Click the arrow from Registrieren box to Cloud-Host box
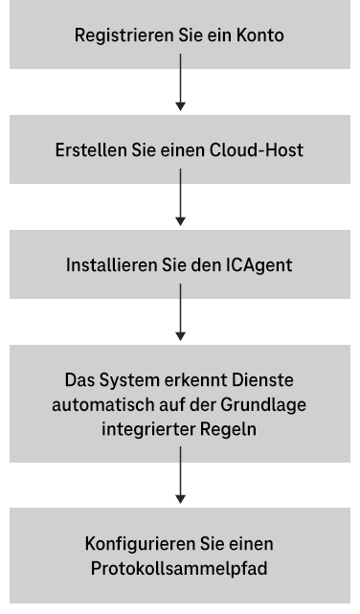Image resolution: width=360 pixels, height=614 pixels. pyautogui.click(x=180, y=90)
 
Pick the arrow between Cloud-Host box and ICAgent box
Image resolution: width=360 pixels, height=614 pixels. pyautogui.click(x=180, y=204)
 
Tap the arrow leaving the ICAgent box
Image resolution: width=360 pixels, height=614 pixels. pyautogui.click(x=180, y=318)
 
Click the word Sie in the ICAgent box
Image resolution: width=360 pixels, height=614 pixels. pyautogui.click(x=169, y=264)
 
